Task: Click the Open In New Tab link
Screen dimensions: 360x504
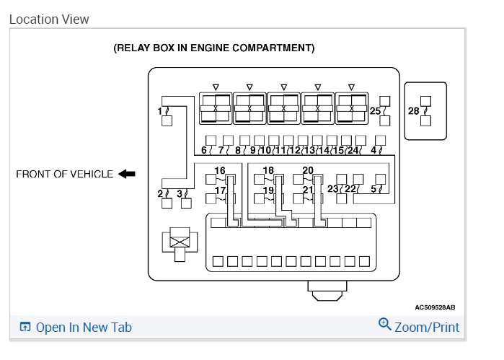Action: [83, 328]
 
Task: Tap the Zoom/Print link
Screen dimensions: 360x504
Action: [426, 327]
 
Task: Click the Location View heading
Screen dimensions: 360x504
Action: [49, 19]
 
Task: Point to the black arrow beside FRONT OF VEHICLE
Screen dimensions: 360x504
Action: [127, 174]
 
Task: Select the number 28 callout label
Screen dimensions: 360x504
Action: [413, 110]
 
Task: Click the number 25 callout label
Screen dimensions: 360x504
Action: [374, 111]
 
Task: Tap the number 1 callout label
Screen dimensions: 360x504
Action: [159, 111]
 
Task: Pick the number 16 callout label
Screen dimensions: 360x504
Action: [219, 171]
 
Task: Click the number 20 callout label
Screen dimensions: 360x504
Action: [308, 171]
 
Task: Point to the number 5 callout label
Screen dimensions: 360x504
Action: [373, 190]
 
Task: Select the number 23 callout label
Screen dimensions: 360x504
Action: [333, 189]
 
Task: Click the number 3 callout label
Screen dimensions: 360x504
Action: [179, 193]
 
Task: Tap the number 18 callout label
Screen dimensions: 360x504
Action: [268, 171]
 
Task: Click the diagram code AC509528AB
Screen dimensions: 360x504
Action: [435, 307]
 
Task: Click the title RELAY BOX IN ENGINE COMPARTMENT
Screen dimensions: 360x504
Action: [214, 48]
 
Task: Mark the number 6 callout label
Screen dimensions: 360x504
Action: [203, 151]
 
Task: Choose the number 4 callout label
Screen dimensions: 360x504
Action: [373, 151]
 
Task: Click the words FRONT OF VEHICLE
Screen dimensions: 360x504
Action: [65, 174]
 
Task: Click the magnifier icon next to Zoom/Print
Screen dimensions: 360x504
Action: [385, 325]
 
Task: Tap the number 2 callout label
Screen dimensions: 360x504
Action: [160, 193]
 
